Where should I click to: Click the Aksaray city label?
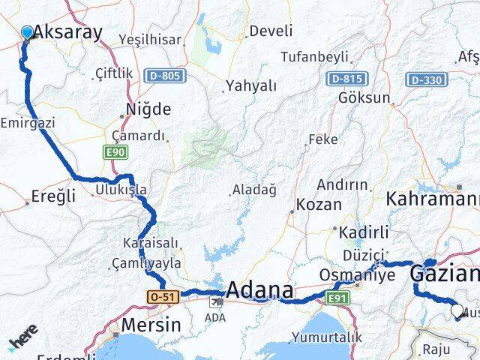tap(67, 33)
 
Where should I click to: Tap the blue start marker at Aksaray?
tap(28, 32)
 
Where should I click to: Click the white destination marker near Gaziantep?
tap(457, 310)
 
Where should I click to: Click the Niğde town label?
tap(150, 109)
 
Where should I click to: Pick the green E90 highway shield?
tap(115, 152)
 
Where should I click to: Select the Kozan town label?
tap(319, 204)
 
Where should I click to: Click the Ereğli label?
tap(54, 196)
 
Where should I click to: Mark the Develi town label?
tap(271, 31)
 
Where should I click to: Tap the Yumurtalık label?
tap(326, 337)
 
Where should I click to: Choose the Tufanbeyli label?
tap(315, 56)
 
